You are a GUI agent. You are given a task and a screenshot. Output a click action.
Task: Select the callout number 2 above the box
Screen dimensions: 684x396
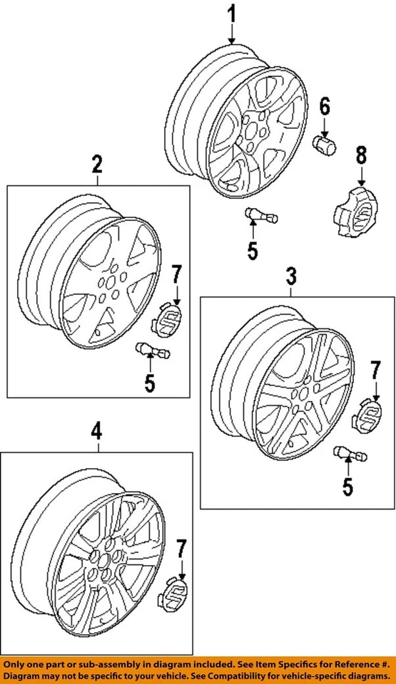97,165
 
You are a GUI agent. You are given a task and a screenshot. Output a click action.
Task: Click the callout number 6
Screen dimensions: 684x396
325,108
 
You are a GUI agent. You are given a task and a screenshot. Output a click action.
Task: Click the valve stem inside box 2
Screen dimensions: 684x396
152,351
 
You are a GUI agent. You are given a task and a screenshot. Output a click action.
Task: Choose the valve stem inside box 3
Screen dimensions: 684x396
348,452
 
